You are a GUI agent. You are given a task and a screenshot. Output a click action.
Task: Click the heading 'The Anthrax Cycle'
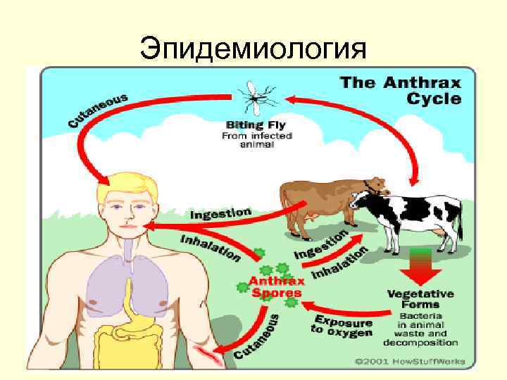[401, 90]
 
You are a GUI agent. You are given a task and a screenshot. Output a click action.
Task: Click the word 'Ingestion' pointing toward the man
[220, 211]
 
